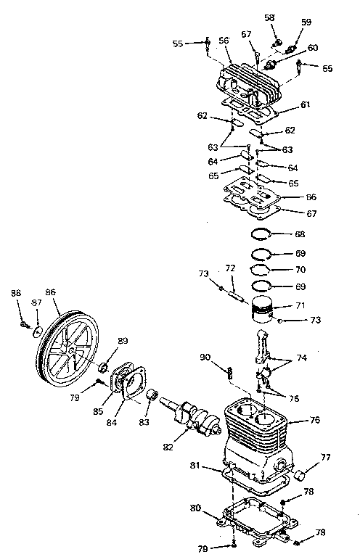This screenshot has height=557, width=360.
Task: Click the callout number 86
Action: (50, 292)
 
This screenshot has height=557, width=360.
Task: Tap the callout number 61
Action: (305, 106)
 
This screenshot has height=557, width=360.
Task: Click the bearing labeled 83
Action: (153, 396)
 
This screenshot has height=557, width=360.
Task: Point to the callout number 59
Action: (306, 22)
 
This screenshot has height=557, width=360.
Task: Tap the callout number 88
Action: (15, 292)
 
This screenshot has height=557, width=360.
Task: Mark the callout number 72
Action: (229, 268)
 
